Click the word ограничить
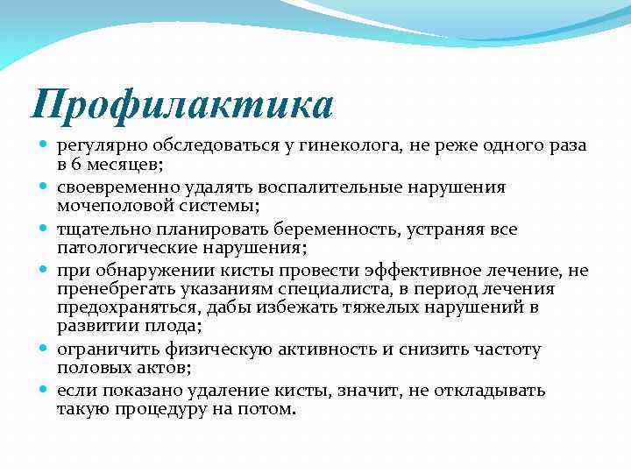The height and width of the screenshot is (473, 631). [x=110, y=349]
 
